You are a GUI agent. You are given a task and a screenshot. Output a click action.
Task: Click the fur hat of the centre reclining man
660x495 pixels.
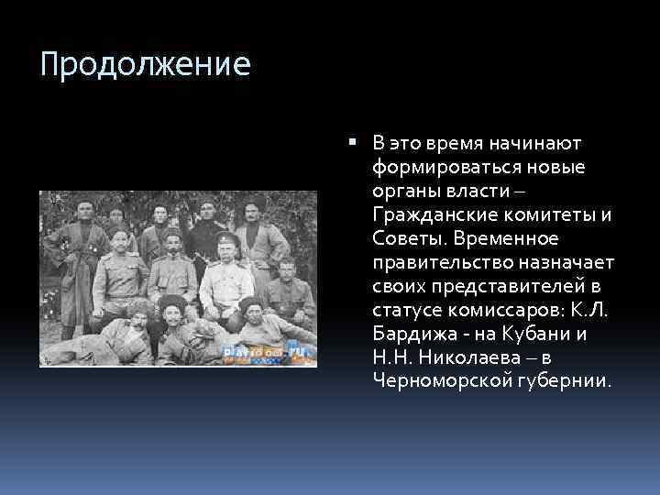(x=170, y=302)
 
